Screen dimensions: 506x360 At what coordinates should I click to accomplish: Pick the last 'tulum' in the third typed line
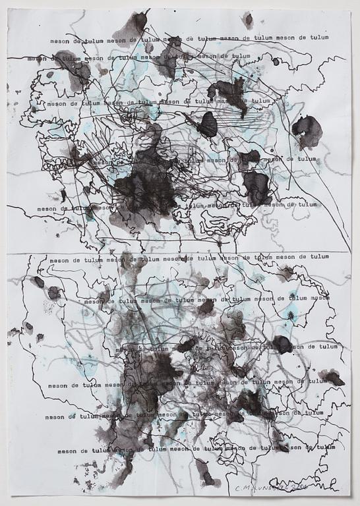[261, 101]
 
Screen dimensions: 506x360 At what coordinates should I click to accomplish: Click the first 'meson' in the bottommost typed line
[67, 451]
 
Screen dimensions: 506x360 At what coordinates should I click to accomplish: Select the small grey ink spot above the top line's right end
[248, 20]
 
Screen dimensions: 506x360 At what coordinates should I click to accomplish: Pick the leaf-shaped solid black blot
[208, 125]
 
